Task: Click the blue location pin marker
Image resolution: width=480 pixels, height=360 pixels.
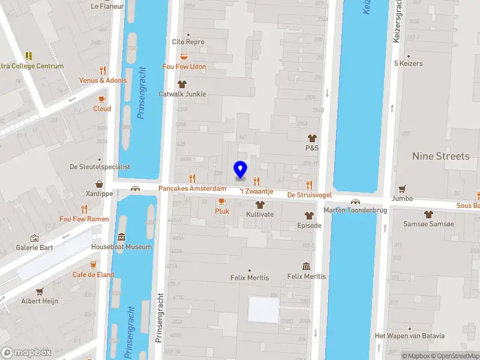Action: (x=241, y=170)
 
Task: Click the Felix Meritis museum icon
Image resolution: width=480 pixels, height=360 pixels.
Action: (x=307, y=266)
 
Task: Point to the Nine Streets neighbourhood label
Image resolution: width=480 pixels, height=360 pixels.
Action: (x=441, y=156)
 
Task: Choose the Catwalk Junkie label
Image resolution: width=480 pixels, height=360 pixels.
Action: (x=182, y=94)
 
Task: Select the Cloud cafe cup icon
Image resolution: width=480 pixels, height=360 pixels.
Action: (x=102, y=99)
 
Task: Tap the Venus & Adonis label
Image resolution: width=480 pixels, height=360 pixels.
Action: (x=103, y=80)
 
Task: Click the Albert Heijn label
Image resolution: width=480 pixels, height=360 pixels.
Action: (x=40, y=301)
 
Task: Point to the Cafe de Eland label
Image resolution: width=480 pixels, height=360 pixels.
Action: (x=94, y=274)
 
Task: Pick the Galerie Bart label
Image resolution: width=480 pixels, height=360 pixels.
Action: (x=35, y=247)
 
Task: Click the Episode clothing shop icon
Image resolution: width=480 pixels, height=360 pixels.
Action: (x=310, y=215)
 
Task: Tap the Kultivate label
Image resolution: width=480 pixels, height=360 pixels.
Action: (x=260, y=214)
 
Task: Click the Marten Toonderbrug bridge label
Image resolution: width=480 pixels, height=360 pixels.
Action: (x=355, y=210)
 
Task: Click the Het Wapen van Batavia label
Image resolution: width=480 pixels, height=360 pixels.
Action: (x=410, y=335)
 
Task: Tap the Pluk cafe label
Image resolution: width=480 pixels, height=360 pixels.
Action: (x=222, y=211)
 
